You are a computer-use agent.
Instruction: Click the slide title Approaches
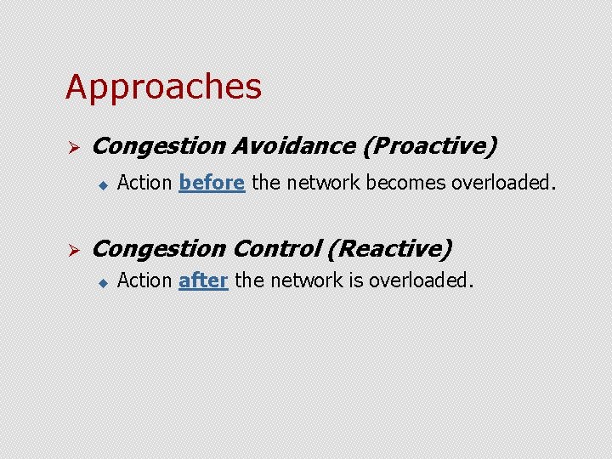163,87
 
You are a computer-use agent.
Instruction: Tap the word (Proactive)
429,146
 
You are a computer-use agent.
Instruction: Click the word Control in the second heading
275,248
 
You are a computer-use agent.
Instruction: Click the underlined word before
212,182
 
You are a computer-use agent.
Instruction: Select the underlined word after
203,280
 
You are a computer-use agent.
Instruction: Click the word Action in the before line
144,182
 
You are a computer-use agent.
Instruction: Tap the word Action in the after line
144,280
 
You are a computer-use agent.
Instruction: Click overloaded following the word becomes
503,182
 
